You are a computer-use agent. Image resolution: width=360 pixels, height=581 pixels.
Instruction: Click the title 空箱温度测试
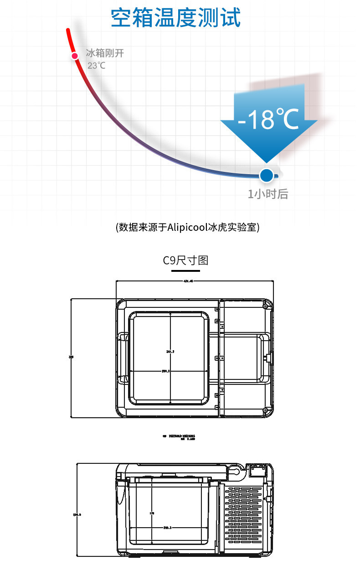click(176, 18)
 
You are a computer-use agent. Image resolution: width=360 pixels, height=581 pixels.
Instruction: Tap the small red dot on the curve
click(74, 56)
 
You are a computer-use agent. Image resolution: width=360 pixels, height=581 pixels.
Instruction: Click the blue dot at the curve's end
click(266, 175)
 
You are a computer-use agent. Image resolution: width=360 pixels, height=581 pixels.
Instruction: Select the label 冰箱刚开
click(105, 53)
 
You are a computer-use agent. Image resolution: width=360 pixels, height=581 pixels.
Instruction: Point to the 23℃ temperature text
click(96, 65)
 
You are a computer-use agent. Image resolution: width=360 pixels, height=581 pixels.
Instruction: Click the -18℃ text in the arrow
click(268, 119)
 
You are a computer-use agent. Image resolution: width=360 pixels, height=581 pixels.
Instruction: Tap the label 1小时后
click(268, 194)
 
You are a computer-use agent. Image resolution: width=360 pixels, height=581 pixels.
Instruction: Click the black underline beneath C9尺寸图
click(185, 270)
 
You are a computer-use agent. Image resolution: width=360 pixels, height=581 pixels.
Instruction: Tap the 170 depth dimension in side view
click(152, 514)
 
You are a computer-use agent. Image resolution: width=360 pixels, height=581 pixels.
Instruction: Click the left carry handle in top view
click(123, 358)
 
